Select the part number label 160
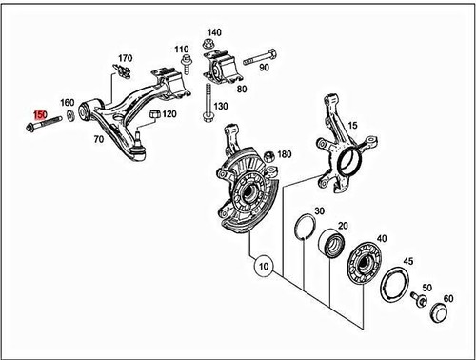tap(68, 102)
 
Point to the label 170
tap(126, 57)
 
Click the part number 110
tap(182, 49)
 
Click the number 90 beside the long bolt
tap(264, 68)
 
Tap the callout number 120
tap(169, 114)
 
